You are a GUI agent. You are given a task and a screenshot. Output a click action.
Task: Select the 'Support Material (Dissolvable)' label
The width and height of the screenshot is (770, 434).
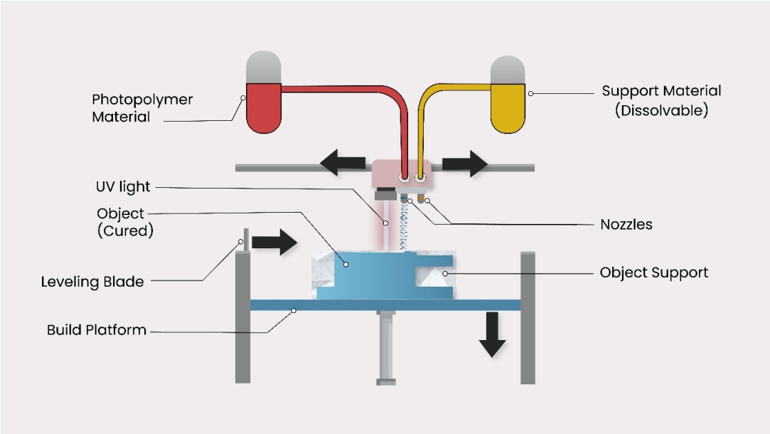coord(661,100)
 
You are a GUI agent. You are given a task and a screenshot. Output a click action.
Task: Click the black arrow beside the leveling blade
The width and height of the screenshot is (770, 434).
coord(274,242)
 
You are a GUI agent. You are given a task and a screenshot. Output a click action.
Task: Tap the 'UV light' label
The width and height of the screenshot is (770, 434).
coord(124,187)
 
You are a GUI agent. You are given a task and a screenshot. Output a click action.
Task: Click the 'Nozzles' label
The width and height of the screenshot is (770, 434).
coord(626,224)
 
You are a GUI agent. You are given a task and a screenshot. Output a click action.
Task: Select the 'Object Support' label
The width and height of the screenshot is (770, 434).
coord(653,272)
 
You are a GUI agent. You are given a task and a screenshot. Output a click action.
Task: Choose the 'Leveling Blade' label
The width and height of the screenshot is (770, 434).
coord(92,282)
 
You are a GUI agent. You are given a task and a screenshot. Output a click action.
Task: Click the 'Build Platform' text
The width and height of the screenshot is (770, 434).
coord(97,330)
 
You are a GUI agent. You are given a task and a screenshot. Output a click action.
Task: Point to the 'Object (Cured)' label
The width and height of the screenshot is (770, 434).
coord(124,222)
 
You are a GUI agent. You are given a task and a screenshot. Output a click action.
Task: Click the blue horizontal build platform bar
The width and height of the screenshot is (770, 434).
coord(385,305)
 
